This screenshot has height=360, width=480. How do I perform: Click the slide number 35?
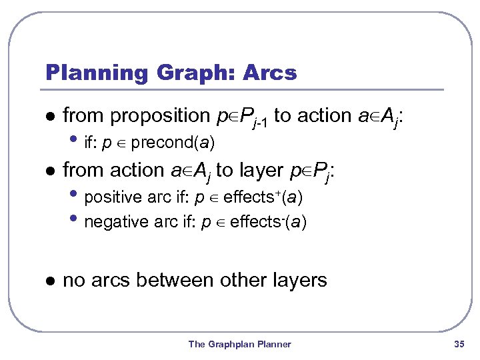click(x=458, y=344)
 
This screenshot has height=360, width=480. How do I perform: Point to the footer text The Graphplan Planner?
click(x=239, y=344)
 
